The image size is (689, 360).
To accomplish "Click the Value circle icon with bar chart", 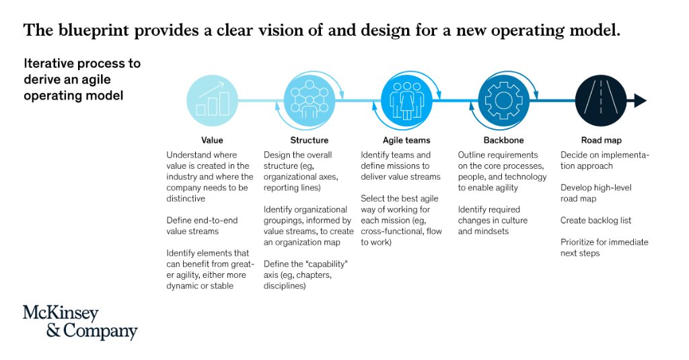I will pyautogui.click(x=213, y=100).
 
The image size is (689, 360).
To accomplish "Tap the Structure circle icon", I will pyautogui.click(x=310, y=100).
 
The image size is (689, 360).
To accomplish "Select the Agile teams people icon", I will pyautogui.click(x=407, y=100).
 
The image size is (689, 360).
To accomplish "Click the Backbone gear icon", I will pyautogui.click(x=503, y=100).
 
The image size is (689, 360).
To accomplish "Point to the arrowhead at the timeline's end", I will pyautogui.click(x=640, y=101).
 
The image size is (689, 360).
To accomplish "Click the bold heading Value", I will pyautogui.click(x=212, y=141).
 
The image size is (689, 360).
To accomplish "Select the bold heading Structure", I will pyautogui.click(x=310, y=141).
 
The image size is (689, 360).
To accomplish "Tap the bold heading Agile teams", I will pyautogui.click(x=406, y=141).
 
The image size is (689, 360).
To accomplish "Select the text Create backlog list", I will pyautogui.click(x=596, y=221).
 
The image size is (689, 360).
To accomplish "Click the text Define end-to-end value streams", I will pyautogui.click(x=201, y=225).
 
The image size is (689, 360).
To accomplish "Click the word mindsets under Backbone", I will pyautogui.click(x=494, y=231).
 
